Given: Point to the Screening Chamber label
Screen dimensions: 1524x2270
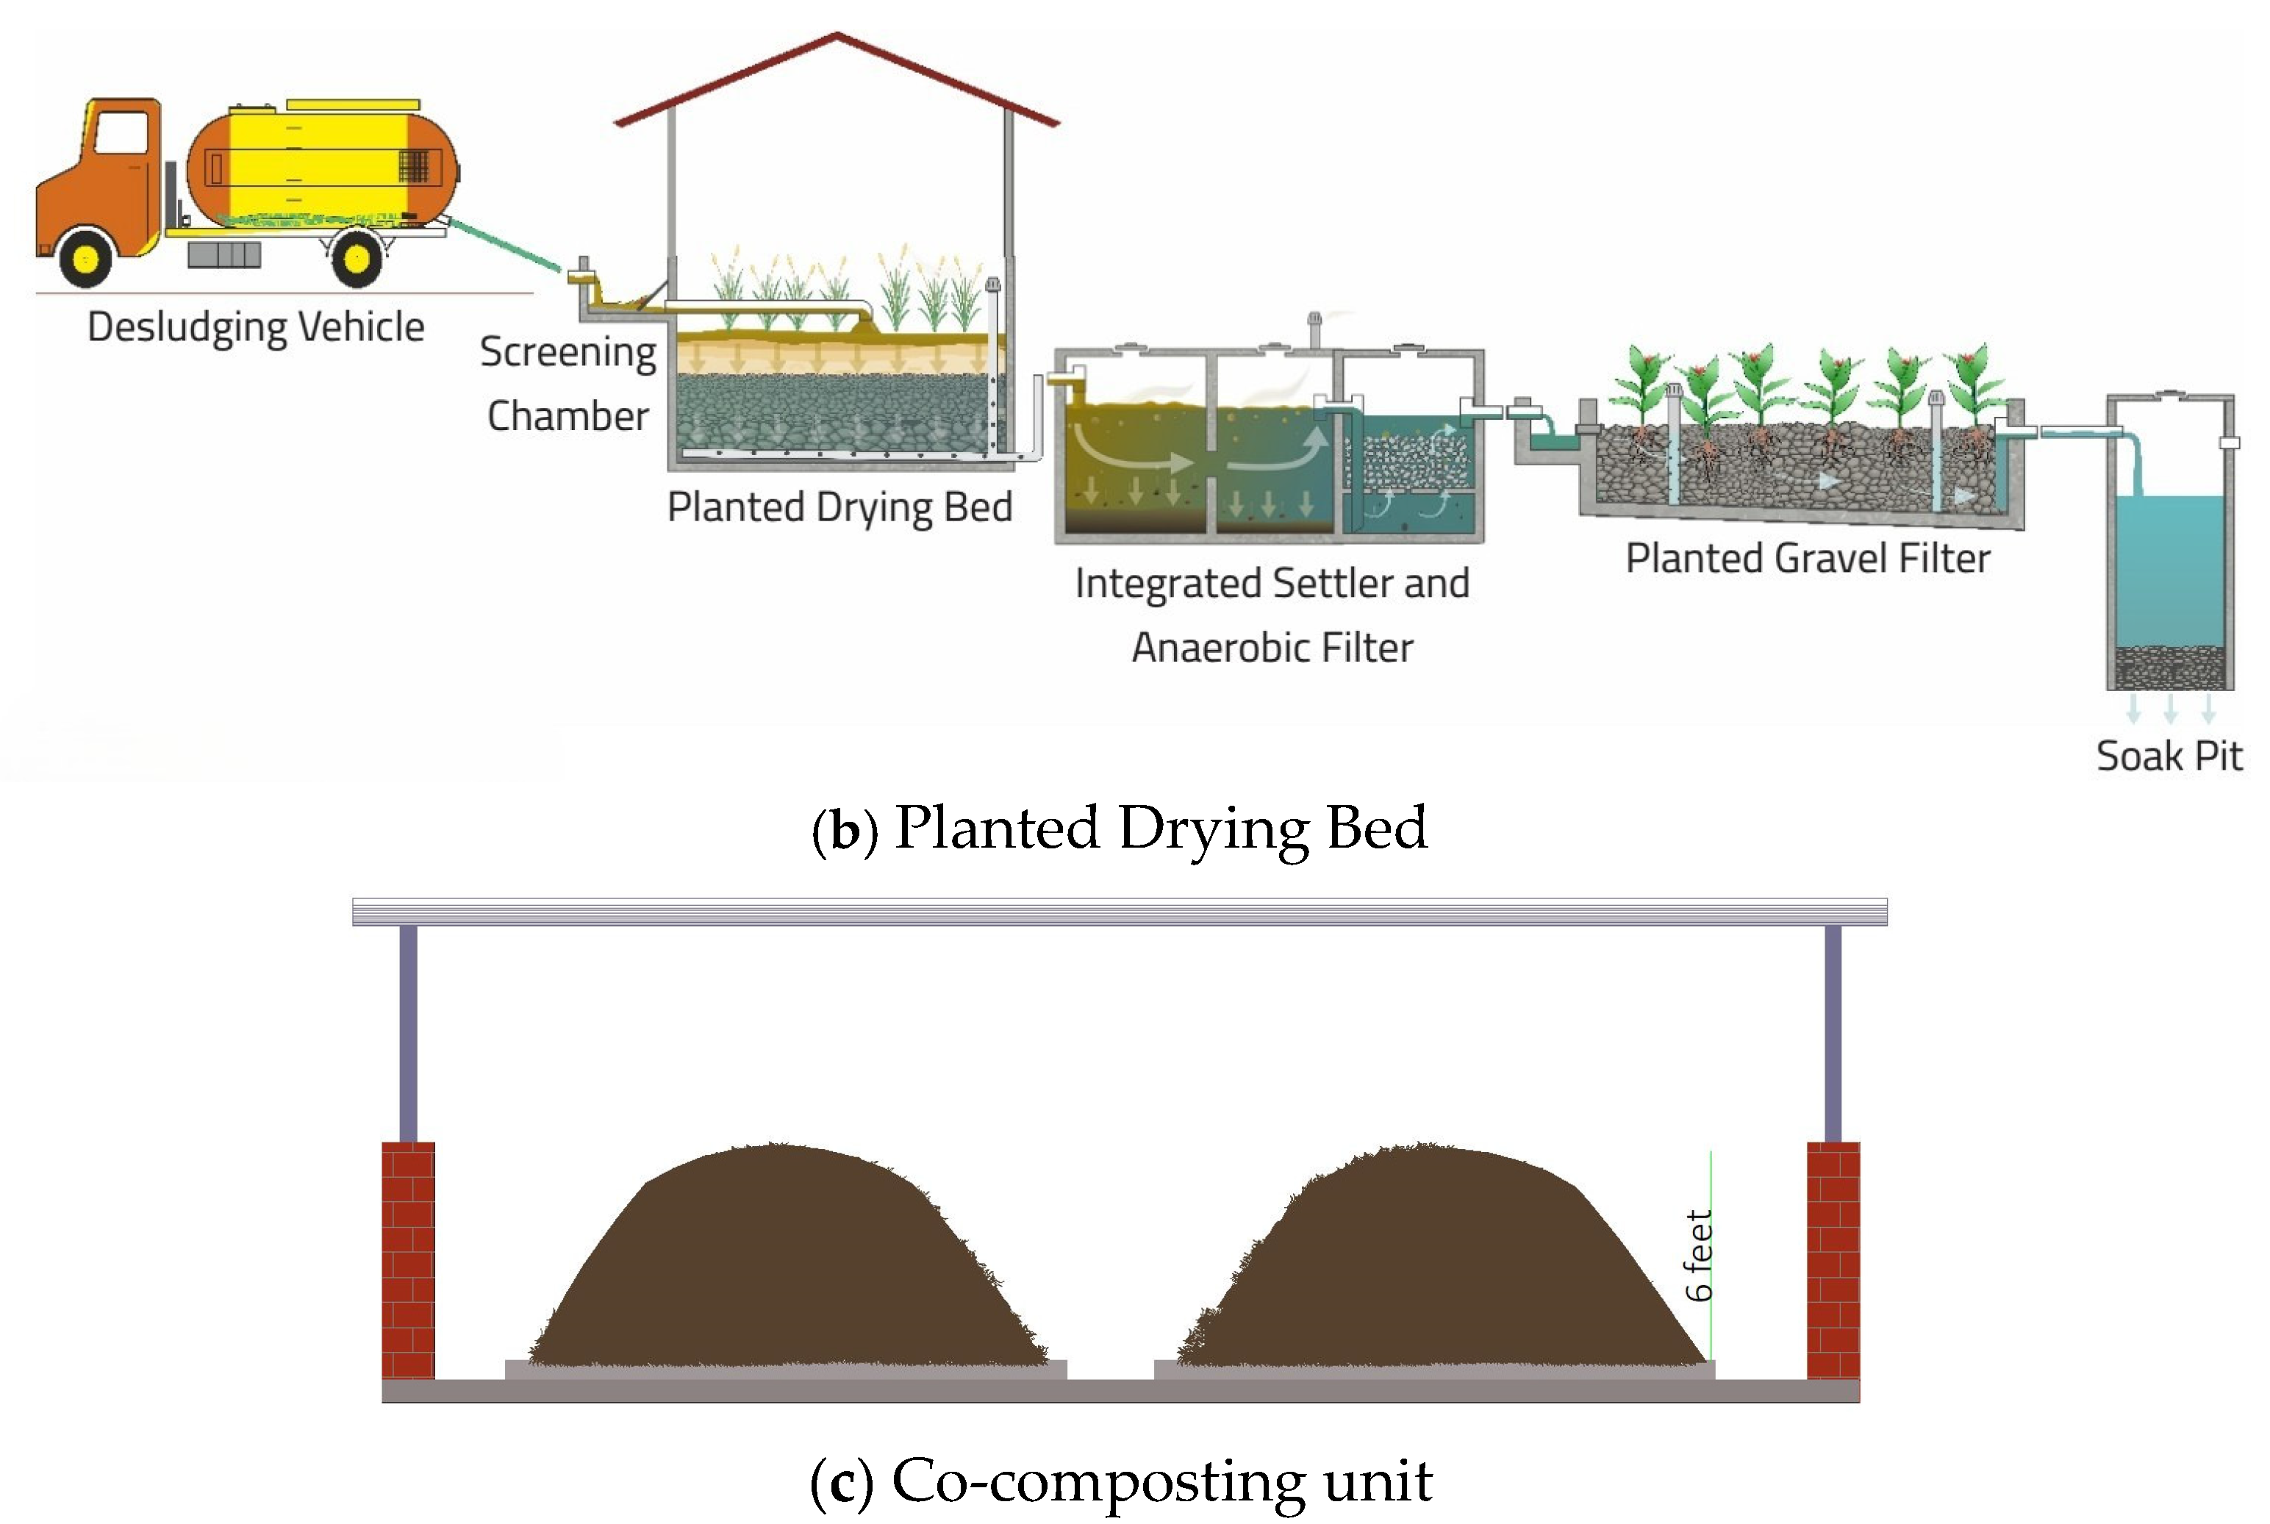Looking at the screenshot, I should pyautogui.click(x=568, y=383).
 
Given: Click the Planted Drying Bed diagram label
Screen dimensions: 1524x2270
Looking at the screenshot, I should pyautogui.click(x=839, y=507).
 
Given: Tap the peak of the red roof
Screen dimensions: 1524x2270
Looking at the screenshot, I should pyautogui.click(x=837, y=36).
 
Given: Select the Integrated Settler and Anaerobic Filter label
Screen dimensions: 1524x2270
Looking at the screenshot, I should pyautogui.click(x=1272, y=615).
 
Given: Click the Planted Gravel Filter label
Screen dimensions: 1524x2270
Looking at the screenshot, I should pyautogui.click(x=1808, y=559).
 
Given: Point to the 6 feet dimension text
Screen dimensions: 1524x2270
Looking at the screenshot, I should pyautogui.click(x=1699, y=1256).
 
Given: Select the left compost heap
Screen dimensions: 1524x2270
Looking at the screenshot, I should pyautogui.click(x=787, y=1264).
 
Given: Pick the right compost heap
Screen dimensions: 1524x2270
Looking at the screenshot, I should pyautogui.click(x=1438, y=1264).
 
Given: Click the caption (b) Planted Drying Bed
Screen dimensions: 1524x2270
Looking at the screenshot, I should pyautogui.click(x=1120, y=828).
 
